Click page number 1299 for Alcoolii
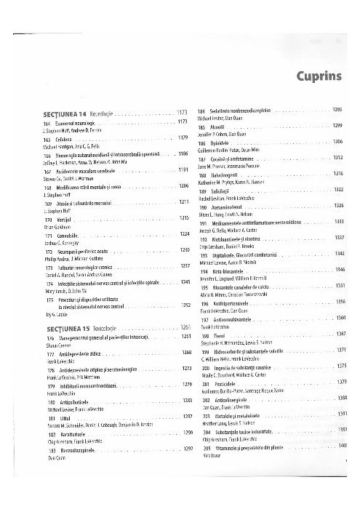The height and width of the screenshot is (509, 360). click(x=337, y=125)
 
